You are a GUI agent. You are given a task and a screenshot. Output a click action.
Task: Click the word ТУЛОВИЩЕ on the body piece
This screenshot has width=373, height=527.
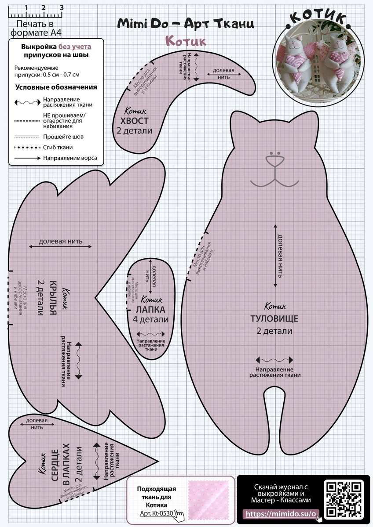274,318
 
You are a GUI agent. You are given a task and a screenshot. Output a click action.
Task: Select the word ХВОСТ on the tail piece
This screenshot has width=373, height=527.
137,121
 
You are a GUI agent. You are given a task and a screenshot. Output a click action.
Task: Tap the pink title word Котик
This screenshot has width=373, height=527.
186,41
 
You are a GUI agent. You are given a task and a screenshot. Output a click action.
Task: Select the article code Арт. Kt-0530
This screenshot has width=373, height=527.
156,513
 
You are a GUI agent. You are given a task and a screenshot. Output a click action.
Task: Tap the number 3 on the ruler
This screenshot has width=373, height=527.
62,7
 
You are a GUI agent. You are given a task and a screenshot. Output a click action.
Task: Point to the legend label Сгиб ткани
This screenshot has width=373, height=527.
58,147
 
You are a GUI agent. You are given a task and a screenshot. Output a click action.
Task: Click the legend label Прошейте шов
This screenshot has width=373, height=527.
63,137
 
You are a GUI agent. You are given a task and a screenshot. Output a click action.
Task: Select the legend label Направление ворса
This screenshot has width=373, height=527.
70,158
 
